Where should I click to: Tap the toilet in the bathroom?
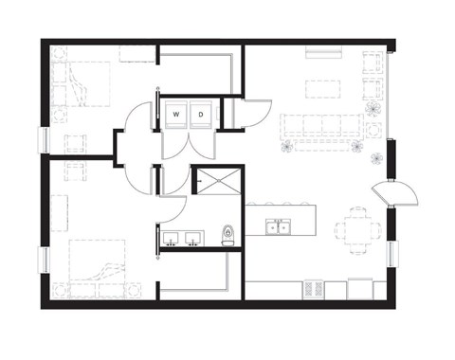click(x=227, y=234)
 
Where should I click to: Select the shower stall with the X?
click(x=217, y=180)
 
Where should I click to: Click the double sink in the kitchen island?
click(x=279, y=227)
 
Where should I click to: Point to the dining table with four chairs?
click(x=359, y=226)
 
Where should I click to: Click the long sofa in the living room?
click(x=321, y=125)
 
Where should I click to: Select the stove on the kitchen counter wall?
click(x=316, y=289)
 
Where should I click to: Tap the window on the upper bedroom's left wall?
click(x=43, y=138)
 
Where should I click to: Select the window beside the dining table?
click(x=391, y=254)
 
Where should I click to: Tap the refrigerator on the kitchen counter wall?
click(x=360, y=288)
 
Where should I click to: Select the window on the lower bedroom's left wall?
click(x=43, y=261)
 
